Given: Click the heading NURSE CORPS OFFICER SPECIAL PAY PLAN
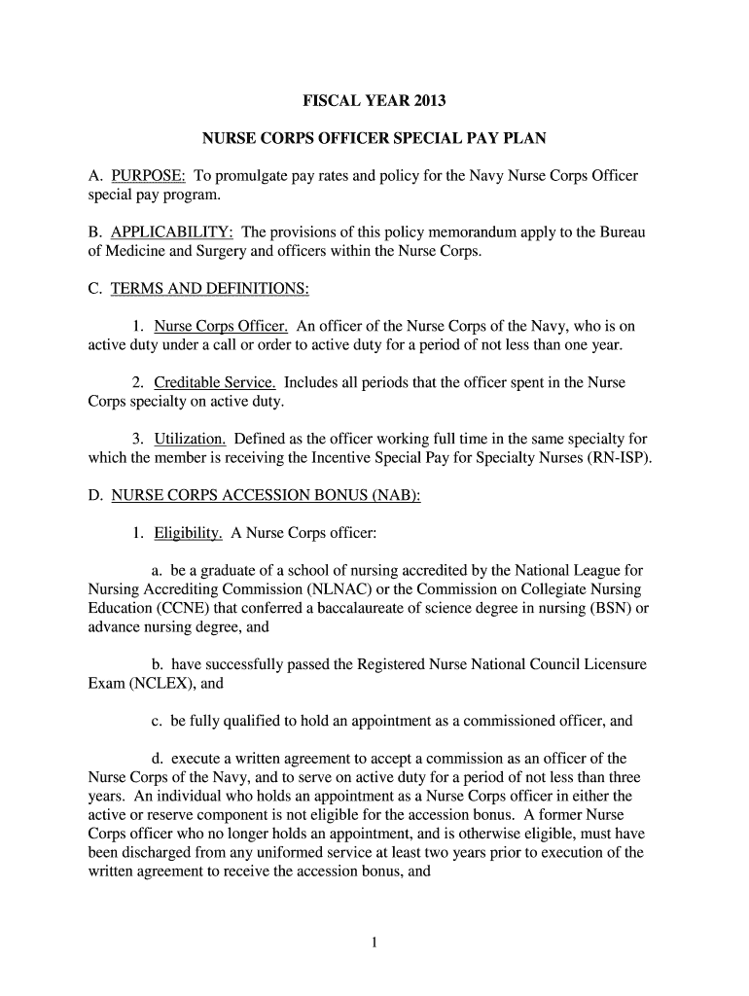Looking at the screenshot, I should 374,139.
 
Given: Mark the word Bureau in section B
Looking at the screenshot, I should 620,232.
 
